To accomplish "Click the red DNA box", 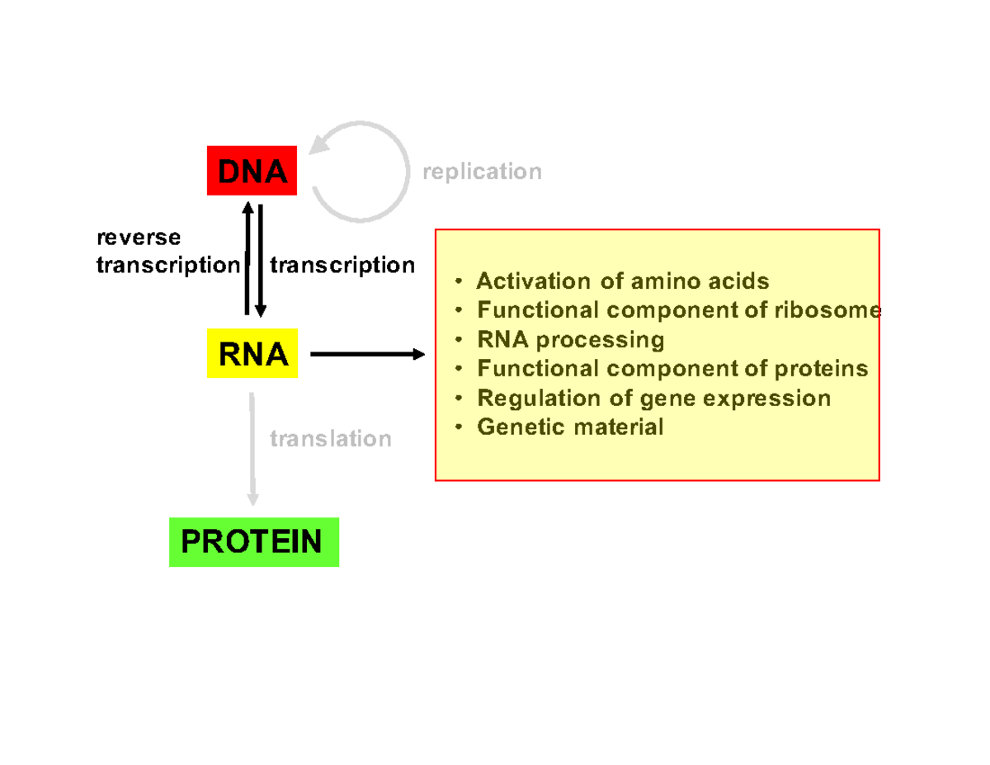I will pos(252,172).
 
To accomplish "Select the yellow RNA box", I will pos(252,354).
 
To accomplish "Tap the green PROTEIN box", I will pos(253,542).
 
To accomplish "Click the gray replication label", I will pos(482,172).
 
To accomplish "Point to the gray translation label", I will pos(331,438).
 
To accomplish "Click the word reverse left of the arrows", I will pos(139,238).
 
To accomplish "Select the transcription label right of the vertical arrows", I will pos(342,265).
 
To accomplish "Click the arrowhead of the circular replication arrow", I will pos(320,147).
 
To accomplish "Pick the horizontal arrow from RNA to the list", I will pos(366,354).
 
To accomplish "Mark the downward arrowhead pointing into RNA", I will pos(260,310).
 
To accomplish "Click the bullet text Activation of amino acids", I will pos(623,281).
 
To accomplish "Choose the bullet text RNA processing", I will pos(570,339).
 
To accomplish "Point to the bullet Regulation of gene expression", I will pos(653,398).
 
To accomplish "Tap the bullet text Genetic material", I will pos(570,427).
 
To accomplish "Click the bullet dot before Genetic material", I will pos(458,427).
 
